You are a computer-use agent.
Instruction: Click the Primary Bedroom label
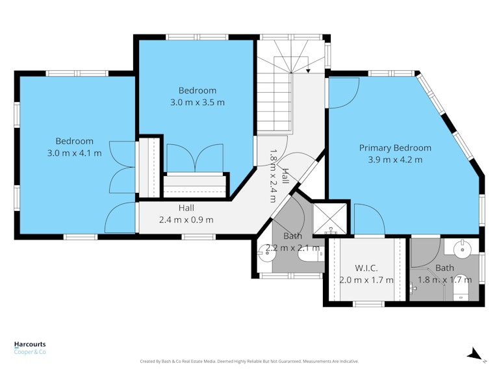coord(395,148)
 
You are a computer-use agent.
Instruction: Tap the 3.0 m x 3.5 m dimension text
coord(198,103)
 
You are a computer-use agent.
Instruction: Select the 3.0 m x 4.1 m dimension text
coord(75,153)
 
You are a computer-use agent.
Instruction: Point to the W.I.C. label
coord(366,268)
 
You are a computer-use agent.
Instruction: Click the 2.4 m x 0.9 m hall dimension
coord(186,219)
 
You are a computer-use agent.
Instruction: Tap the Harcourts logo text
coord(30,344)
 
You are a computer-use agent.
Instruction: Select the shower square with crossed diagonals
coord(329,218)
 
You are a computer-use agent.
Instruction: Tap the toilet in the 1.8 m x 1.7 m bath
coord(461,288)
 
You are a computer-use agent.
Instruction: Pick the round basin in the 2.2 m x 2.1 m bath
coord(265,253)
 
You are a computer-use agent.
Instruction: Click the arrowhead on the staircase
coord(308,71)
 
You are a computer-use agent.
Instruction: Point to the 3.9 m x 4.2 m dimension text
coord(395,160)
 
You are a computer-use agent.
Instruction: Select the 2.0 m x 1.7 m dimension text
coord(366,280)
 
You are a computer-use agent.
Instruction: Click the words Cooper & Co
coord(30,352)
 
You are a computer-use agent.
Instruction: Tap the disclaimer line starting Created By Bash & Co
coord(249,361)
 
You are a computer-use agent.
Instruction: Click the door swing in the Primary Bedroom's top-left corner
coord(344,93)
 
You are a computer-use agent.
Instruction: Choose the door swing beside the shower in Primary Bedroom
coord(370,219)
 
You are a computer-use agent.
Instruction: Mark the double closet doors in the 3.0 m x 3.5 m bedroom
coord(195,158)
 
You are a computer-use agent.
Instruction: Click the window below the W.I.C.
coord(368,304)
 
